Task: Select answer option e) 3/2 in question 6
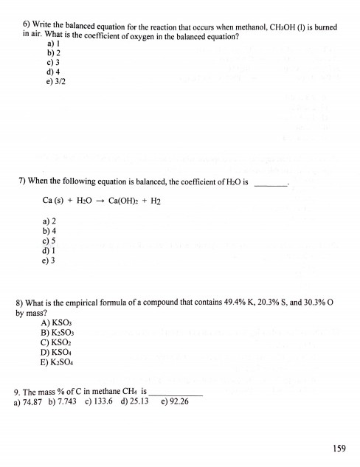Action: [x=55, y=82]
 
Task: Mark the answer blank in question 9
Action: [x=175, y=391]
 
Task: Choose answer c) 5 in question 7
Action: [x=51, y=240]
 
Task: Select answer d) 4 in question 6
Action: [x=51, y=72]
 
